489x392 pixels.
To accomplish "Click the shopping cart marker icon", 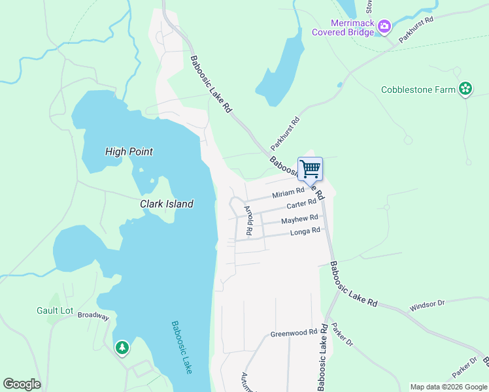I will tap(310, 169).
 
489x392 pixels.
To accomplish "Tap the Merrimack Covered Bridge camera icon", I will tap(384, 27).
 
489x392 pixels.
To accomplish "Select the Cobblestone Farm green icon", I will tap(465, 89).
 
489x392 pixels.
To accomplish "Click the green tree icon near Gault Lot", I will tap(122, 348).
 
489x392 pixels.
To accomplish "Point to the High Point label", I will tap(129, 152).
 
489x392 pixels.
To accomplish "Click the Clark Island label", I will tap(167, 204).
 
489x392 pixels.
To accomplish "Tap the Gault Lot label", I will tap(55, 310).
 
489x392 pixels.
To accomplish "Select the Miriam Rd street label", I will tap(288, 192).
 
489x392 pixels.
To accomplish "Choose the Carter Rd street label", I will tap(301, 204).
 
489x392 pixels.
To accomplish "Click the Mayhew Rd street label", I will tap(299, 219).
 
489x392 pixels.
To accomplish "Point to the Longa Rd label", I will tap(305, 231).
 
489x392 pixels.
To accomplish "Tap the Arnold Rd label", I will tap(248, 220).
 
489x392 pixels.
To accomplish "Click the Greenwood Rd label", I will tap(289, 334).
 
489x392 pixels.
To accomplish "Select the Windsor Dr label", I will tap(427, 305).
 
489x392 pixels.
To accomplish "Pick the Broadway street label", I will tap(93, 315).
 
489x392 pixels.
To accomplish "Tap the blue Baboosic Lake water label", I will tap(181, 346).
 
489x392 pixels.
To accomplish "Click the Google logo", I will tap(22, 384).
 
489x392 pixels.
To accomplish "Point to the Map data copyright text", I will tap(448, 387).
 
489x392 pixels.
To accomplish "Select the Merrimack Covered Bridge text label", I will tap(343, 27).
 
